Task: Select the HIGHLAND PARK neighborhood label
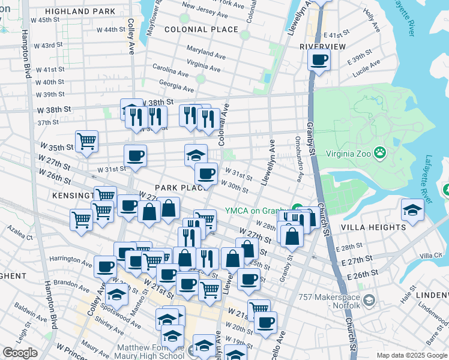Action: (80, 11)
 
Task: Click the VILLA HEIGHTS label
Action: (373, 228)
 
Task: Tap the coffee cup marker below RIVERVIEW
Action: (319, 59)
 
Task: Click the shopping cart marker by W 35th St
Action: (86, 141)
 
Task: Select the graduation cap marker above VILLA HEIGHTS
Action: (412, 209)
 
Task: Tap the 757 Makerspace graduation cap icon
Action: (369, 299)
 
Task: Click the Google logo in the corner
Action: (20, 353)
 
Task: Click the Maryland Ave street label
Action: (205, 52)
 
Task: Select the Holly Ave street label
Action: (372, 25)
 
